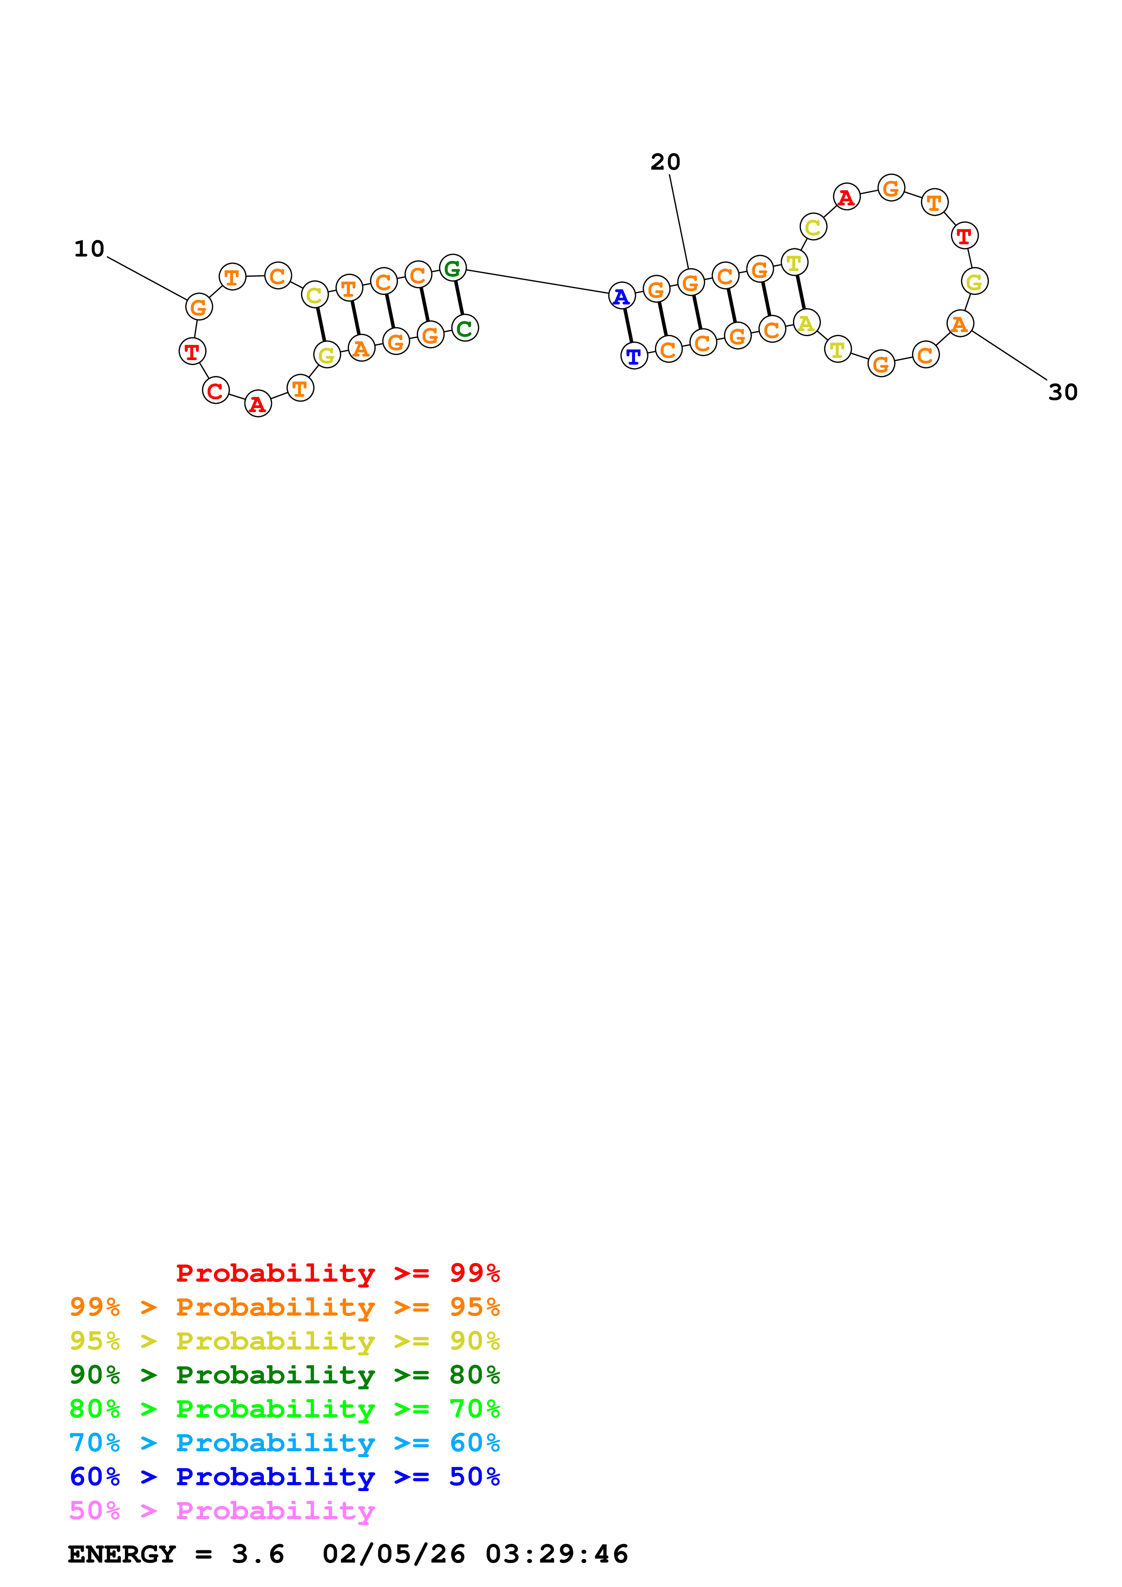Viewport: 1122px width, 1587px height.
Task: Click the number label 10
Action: coord(89,249)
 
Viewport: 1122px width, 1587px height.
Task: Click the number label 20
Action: coord(665,162)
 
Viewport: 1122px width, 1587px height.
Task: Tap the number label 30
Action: coord(1063,392)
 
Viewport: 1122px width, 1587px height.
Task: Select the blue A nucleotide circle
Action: coord(621,296)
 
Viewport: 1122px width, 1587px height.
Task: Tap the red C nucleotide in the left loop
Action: coord(216,390)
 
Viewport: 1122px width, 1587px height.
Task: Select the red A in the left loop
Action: coord(258,404)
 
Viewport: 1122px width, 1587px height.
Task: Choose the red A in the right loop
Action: coord(846,198)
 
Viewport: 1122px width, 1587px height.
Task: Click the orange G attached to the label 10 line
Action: coord(198,307)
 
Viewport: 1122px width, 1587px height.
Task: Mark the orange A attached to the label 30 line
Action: coord(960,323)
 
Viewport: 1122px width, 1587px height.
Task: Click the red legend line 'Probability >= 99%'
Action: coord(338,1273)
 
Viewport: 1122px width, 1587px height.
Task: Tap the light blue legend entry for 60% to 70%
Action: coord(285,1443)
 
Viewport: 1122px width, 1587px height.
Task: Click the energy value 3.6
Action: coord(258,1554)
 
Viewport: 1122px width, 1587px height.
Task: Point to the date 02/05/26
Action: coord(394,1554)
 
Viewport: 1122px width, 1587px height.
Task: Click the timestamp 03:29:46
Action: coord(557,1554)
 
